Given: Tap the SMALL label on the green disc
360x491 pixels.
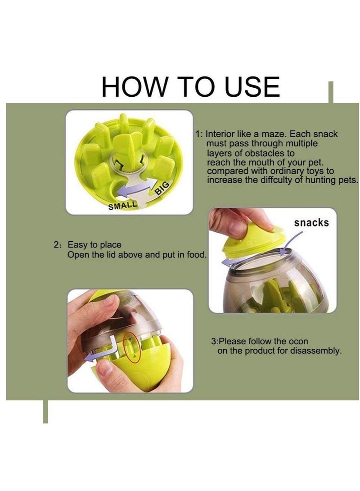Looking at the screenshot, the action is point(122,205).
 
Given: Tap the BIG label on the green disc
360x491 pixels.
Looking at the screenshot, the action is point(163,188).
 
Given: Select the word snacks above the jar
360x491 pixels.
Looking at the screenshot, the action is point(311,223).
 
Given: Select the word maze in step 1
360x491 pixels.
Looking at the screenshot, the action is point(274,134).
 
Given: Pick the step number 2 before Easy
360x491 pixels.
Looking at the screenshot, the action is point(56,245).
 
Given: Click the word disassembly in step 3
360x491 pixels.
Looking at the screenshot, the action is point(315,351).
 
